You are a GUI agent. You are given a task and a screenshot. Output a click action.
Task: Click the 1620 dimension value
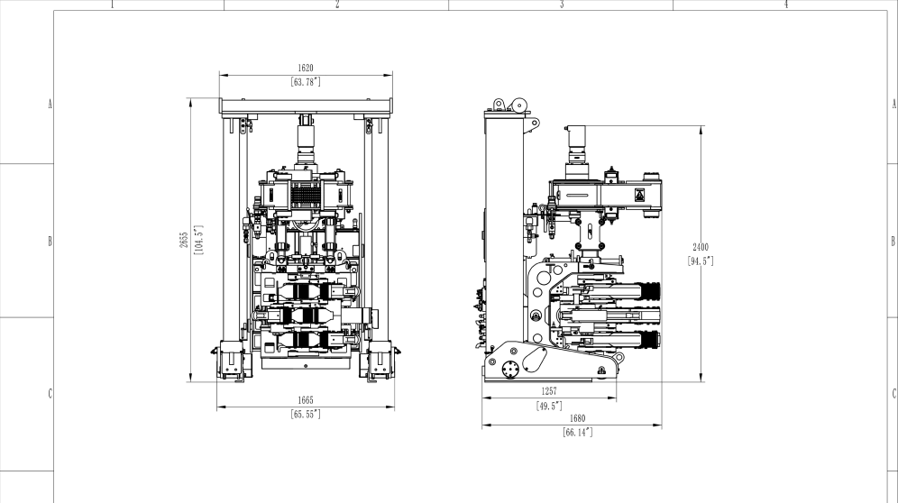pos(306,68)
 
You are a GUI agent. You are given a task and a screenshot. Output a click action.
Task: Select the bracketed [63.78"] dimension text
pos(306,82)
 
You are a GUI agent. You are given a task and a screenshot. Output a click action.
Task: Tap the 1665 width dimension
pos(306,400)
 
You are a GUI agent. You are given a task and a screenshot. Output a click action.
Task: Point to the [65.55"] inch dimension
pos(306,414)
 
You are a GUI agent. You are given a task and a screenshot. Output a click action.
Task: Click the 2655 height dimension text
pos(184,240)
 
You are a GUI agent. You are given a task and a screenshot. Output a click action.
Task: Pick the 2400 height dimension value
pos(701,247)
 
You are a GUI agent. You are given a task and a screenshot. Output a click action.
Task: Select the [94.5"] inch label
pos(701,261)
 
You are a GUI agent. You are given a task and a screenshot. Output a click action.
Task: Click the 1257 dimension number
pos(549,391)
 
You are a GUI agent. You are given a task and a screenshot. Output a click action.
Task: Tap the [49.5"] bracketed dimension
pos(549,407)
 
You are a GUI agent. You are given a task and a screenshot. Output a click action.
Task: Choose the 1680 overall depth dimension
pos(577,419)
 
